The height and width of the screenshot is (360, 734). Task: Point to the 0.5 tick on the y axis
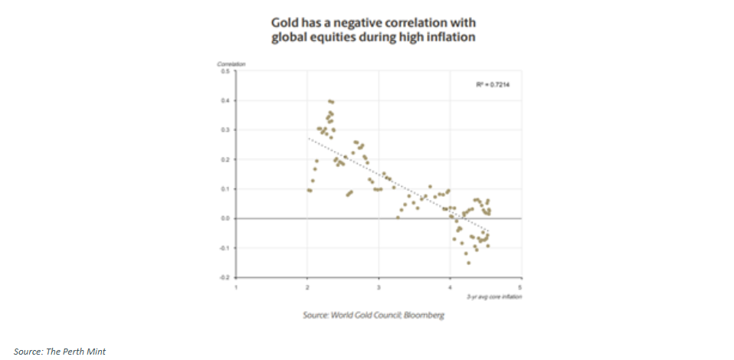226,71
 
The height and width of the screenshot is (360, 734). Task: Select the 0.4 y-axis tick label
226,100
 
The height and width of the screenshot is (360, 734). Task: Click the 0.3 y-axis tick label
226,130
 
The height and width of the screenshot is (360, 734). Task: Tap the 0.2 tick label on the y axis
226,159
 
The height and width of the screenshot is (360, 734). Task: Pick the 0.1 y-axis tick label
226,188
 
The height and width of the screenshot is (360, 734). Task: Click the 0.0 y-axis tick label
226,218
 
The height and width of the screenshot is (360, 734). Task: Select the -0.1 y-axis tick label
225,247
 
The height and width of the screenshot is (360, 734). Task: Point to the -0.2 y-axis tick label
225,277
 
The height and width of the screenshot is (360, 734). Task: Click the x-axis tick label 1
237,287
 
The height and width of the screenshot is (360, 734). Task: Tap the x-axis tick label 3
379,287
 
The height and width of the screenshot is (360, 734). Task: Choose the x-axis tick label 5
521,287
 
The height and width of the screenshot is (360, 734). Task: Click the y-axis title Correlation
228,63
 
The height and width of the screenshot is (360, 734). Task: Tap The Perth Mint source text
59,351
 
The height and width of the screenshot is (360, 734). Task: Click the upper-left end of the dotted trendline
309,139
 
